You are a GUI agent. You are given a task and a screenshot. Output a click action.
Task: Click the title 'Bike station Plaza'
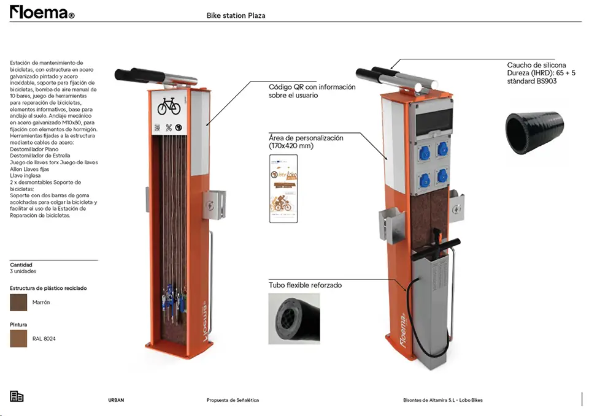pos(236,15)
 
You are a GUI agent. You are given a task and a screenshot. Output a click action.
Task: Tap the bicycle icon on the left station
pos(169,107)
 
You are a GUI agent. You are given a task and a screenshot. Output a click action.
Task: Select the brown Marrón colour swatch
pos(18,302)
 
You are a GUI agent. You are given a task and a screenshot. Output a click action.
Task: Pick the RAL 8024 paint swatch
pos(18,338)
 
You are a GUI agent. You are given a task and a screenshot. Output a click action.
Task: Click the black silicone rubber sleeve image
pos(534,131)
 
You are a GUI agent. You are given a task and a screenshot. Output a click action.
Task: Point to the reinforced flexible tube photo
pos(294,317)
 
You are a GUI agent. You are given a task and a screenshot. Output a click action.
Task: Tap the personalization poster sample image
pos(283,188)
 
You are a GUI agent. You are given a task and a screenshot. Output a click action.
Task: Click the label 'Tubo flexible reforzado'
pos(305,286)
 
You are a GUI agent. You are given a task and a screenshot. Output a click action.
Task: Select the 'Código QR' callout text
pos(312,91)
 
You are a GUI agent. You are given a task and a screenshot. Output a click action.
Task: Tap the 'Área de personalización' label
pos(306,142)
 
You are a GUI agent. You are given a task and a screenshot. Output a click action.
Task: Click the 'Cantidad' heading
pos(21,265)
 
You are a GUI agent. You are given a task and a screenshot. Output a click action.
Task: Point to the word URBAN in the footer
pos(116,400)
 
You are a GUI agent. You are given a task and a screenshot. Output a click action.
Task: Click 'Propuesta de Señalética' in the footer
pos(233,400)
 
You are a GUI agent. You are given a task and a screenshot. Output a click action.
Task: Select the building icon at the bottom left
pos(17,396)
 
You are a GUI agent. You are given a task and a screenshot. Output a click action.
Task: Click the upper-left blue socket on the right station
pos(423,148)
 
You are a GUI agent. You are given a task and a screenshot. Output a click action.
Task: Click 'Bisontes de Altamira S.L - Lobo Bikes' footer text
pos(442,400)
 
